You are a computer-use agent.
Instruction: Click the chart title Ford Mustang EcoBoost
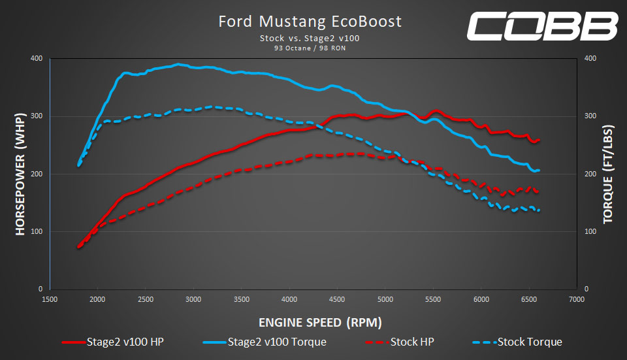point(310,22)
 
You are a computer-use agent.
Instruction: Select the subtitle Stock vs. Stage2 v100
point(310,39)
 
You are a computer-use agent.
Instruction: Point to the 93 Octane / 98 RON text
point(310,48)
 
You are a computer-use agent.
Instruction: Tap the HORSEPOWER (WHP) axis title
point(20,174)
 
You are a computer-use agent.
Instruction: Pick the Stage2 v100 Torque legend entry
point(265,342)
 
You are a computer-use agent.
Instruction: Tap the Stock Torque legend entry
point(516,342)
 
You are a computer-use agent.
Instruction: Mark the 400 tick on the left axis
point(37,59)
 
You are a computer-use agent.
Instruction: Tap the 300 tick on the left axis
point(37,116)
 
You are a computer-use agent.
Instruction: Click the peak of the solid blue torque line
point(178,64)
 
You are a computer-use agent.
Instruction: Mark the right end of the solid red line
point(539,139)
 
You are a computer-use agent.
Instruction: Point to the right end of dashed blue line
point(539,210)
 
